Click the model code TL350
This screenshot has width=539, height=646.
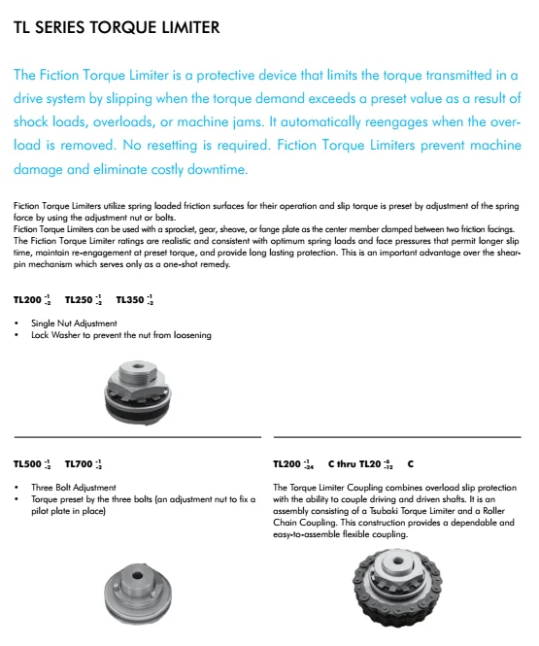click(x=130, y=299)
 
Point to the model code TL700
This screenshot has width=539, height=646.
click(x=80, y=464)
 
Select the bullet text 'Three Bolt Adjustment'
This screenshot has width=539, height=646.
click(x=74, y=488)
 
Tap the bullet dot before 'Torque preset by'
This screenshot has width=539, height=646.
click(x=18, y=499)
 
